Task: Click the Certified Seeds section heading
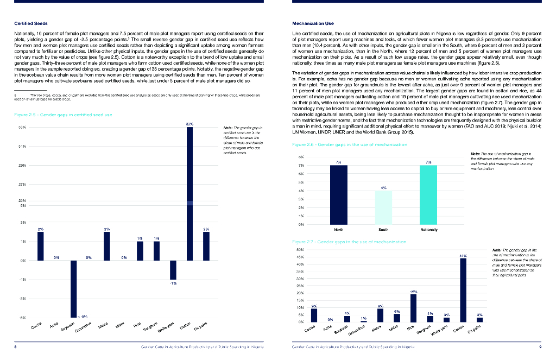(x=30, y=23)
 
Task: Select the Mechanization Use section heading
(x=313, y=23)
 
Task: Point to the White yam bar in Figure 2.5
(x=173, y=270)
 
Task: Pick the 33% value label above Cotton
(x=189, y=124)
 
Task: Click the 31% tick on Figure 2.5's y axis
(x=22, y=146)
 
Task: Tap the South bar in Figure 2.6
(x=383, y=207)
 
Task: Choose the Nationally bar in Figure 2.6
(x=428, y=195)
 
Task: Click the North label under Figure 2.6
(x=338, y=229)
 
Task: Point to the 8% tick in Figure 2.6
(x=301, y=157)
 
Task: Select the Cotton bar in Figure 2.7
(x=463, y=290)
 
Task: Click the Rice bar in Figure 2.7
(x=414, y=308)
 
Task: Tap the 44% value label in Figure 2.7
(x=463, y=255)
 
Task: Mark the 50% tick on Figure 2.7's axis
(x=300, y=249)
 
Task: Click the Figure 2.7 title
(x=349, y=241)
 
